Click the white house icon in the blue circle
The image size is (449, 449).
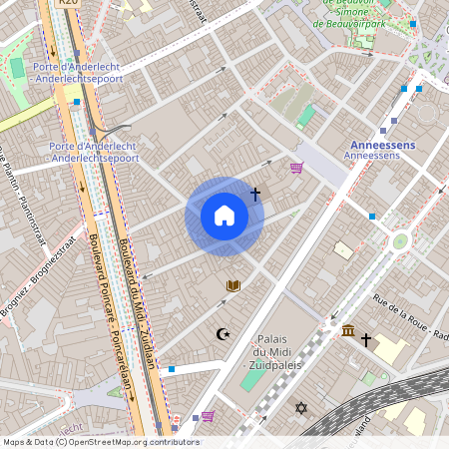(224, 216)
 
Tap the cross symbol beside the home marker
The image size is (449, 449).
(255, 194)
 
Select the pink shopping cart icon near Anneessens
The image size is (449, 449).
(296, 168)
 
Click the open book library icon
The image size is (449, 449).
(233, 286)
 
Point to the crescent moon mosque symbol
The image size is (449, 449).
(223, 334)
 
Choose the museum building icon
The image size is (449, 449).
(347, 330)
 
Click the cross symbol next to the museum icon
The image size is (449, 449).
(366, 340)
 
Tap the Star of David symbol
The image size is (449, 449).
(301, 408)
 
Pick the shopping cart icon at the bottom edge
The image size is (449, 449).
(208, 416)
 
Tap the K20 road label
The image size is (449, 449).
(68, 3)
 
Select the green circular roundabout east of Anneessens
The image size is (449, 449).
(400, 241)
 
